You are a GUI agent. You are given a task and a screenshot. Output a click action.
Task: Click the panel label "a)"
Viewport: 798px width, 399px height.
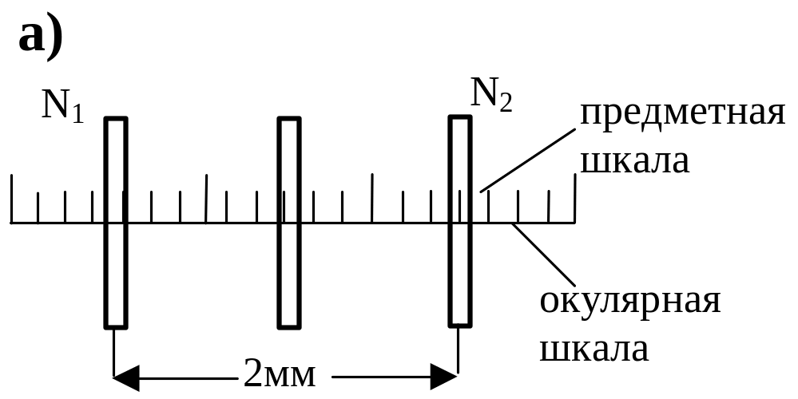(41, 37)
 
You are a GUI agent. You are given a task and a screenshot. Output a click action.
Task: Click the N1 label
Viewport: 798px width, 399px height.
(62, 105)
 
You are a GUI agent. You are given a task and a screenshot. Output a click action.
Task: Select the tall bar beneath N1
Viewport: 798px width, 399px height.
(116, 223)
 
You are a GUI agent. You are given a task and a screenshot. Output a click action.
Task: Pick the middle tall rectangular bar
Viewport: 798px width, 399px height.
(289, 223)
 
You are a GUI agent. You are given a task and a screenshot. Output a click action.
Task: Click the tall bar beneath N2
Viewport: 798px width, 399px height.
(460, 221)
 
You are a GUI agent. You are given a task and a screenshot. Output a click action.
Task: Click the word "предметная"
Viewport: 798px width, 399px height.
(682, 115)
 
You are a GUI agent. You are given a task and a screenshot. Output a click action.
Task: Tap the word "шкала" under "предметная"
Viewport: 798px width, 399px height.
(634, 160)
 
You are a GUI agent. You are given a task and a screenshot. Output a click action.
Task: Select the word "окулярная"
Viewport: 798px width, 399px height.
(630, 302)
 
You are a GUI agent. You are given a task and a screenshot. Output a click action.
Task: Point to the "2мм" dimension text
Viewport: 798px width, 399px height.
(280, 373)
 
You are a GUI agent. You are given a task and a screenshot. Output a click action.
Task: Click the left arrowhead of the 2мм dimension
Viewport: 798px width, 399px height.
(126, 377)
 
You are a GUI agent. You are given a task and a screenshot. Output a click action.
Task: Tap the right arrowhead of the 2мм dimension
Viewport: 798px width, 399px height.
(444, 377)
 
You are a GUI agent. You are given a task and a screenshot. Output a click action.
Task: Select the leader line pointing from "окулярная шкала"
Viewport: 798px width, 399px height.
(544, 255)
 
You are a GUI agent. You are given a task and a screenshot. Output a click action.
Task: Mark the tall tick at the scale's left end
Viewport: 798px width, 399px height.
(11, 199)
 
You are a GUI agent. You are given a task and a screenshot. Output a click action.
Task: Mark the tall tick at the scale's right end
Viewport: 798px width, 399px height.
(575, 198)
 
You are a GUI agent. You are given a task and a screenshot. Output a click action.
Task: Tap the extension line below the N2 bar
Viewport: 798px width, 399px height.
(458, 350)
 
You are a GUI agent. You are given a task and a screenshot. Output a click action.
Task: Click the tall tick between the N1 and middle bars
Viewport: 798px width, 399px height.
(206, 198)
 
